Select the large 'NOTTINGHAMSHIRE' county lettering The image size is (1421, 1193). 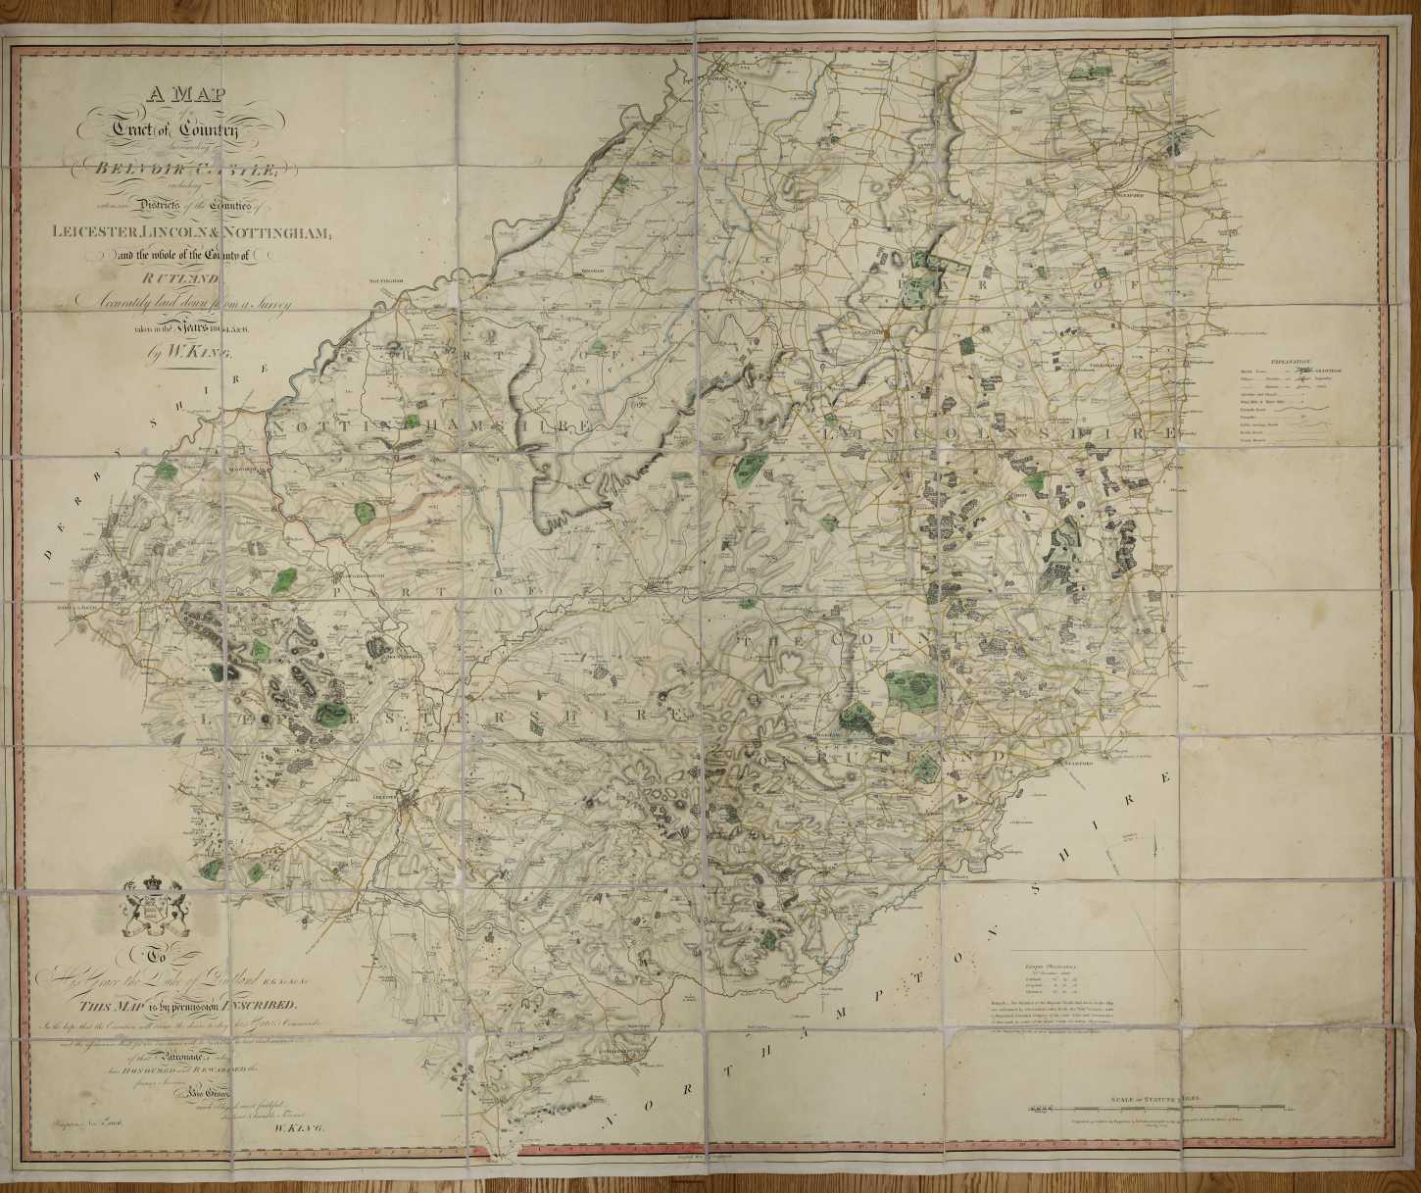click(x=431, y=427)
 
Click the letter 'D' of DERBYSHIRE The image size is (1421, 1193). click(x=48, y=555)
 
